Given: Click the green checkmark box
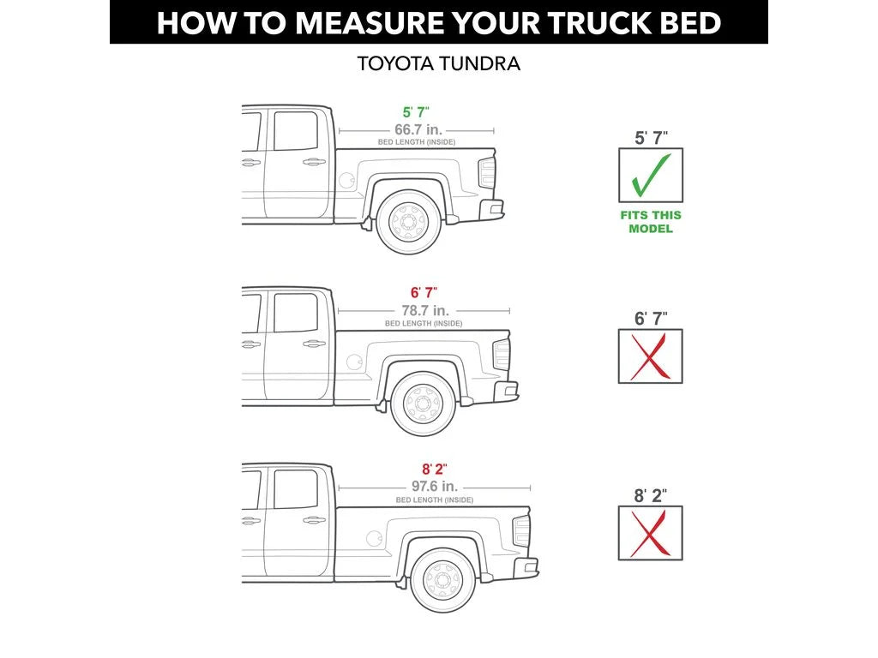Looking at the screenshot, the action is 650,175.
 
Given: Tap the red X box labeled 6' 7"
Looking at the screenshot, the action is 650,356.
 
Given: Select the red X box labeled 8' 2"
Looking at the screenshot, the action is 650,533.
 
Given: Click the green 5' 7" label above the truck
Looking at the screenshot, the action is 416,112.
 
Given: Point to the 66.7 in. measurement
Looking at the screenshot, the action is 418,130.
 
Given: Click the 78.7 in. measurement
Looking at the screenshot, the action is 425,310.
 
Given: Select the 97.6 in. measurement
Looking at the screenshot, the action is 435,487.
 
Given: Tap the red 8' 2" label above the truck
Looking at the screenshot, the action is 435,470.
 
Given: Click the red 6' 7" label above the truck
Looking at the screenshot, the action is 424,293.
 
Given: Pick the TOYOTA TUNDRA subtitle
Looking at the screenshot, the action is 439,63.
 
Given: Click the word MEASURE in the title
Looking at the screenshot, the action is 370,23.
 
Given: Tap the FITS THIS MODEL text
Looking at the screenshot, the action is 651,222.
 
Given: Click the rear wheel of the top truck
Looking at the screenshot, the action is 409,222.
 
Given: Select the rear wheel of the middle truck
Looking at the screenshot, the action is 424,404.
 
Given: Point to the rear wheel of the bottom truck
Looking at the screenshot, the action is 443,580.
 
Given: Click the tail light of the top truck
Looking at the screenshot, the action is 487,172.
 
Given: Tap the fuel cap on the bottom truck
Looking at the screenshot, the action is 374,538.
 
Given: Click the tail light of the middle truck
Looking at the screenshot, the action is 501,354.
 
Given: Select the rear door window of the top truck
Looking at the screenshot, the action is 296,131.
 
